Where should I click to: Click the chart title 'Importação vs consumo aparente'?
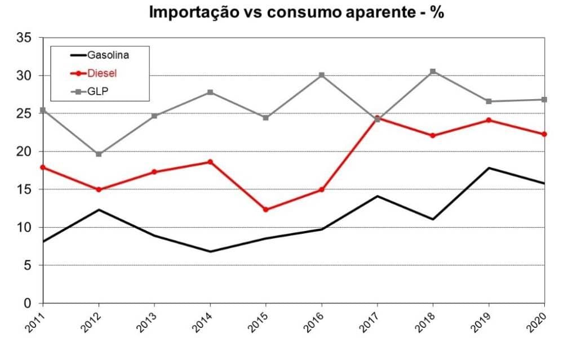(296, 12)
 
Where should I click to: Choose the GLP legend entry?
(97, 91)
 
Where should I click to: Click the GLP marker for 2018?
(433, 72)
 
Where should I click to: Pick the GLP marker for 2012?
(99, 154)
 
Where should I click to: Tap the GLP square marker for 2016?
(322, 75)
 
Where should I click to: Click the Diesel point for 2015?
(266, 210)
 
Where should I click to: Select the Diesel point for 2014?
(210, 162)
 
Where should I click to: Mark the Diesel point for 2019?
(489, 120)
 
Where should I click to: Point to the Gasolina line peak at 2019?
(489, 168)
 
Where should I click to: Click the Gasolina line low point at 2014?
(210, 251)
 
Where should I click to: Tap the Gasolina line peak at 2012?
(99, 210)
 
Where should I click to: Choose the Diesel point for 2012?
(99, 189)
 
